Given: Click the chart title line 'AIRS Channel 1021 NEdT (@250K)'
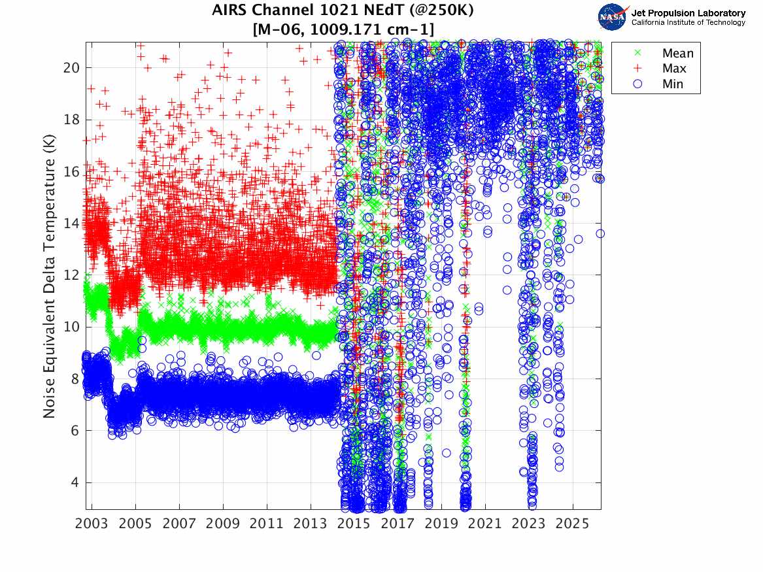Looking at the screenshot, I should (343, 10).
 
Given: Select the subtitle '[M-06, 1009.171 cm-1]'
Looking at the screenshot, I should (343, 29).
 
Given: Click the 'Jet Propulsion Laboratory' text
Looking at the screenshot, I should (688, 13).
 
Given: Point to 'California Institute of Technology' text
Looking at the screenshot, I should (688, 23).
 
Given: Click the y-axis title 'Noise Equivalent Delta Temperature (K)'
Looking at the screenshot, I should (50, 276).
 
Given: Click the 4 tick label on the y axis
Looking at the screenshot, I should (76, 482).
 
